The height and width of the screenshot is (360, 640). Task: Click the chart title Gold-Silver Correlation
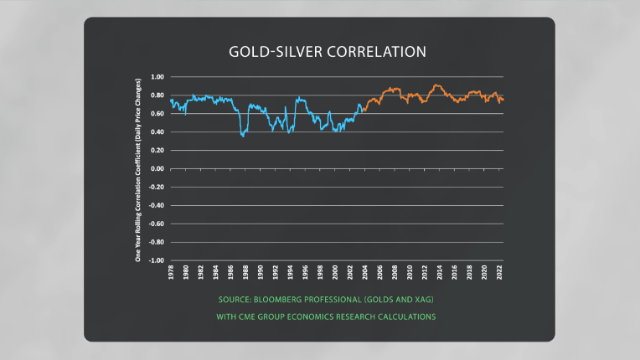pos(328,52)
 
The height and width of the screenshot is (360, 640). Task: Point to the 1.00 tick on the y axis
pos(157,77)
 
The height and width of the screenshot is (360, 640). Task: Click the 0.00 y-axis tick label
pos(157,168)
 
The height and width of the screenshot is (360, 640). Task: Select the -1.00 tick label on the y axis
pos(155,260)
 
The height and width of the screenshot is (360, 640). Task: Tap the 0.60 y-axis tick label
pos(157,132)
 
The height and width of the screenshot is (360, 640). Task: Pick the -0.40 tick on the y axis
pos(155,205)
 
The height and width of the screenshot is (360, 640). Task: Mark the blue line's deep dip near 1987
pos(243,135)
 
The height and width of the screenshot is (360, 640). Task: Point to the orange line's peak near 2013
pos(436,85)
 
